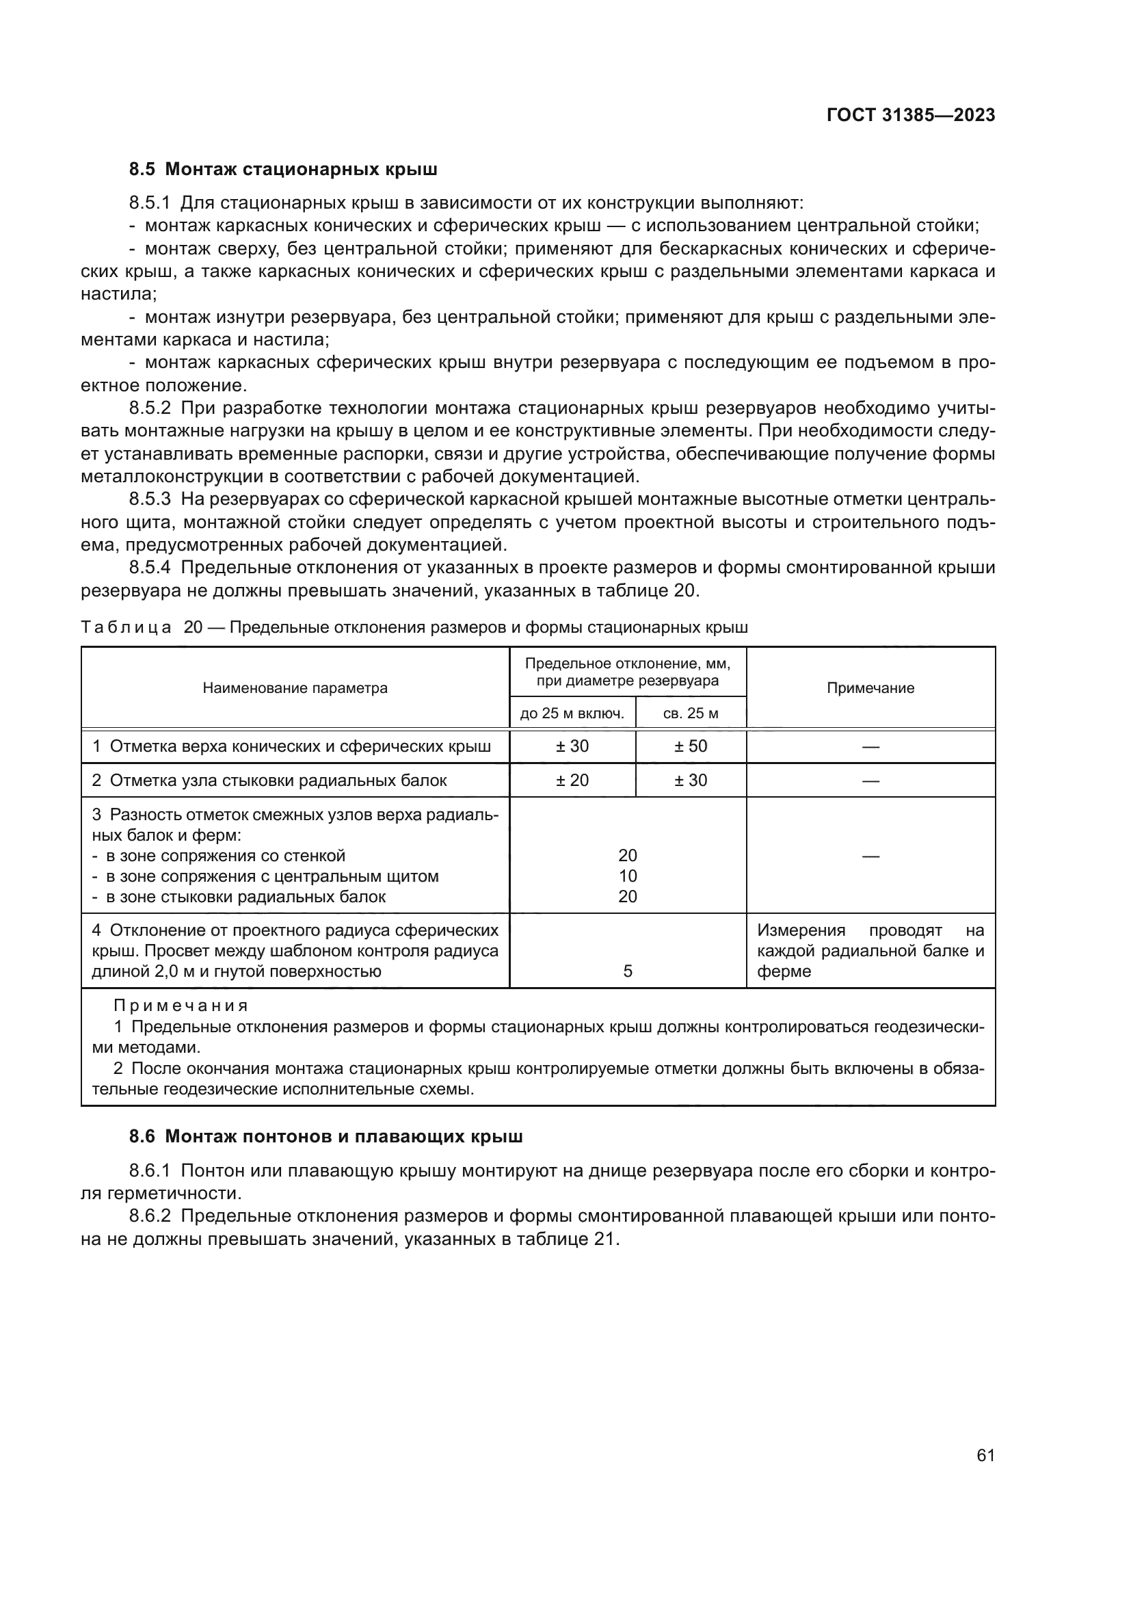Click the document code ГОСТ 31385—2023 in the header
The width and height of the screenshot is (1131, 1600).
(x=910, y=116)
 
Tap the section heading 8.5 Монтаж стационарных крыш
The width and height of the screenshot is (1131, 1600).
(x=284, y=170)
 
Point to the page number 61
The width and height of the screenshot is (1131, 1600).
(x=985, y=1455)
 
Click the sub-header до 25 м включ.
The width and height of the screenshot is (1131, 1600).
(x=572, y=713)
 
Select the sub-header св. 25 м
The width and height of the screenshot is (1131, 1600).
(x=690, y=713)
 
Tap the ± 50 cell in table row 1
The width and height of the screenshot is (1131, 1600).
(x=690, y=746)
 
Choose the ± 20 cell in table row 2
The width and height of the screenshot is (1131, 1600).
(x=572, y=781)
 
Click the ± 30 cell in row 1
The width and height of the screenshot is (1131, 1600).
(x=572, y=746)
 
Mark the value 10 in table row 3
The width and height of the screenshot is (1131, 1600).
(x=628, y=877)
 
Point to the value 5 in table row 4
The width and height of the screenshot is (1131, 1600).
(x=628, y=971)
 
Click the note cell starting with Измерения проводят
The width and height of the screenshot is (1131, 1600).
(x=870, y=951)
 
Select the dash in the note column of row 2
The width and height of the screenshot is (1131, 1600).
(x=870, y=781)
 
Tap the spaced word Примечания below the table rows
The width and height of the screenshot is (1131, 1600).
(x=181, y=1006)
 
